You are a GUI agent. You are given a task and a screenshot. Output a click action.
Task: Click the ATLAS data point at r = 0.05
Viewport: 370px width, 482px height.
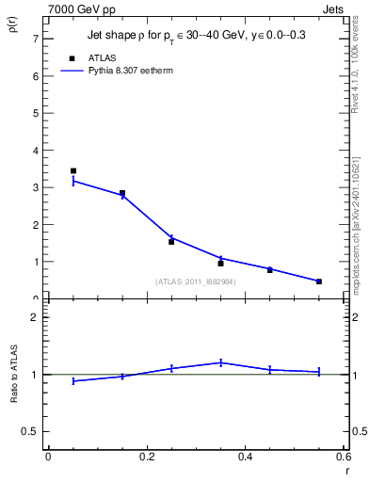(73, 171)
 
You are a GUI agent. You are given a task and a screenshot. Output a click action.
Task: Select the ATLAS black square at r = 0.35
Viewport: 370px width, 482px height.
(220, 264)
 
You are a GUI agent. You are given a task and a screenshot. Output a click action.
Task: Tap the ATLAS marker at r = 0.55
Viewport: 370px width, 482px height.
(319, 281)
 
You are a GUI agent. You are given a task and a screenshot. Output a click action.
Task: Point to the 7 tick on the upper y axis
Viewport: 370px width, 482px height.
(35, 39)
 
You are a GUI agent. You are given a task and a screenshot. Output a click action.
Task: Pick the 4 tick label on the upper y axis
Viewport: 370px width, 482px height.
(35, 151)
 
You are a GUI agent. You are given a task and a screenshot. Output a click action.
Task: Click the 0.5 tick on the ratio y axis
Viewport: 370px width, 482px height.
(30, 431)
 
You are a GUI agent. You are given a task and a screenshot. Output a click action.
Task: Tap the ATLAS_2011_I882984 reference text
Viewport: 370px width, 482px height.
(196, 281)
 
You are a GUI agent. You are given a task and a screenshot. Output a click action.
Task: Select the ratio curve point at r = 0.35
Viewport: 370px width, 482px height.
(220, 362)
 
